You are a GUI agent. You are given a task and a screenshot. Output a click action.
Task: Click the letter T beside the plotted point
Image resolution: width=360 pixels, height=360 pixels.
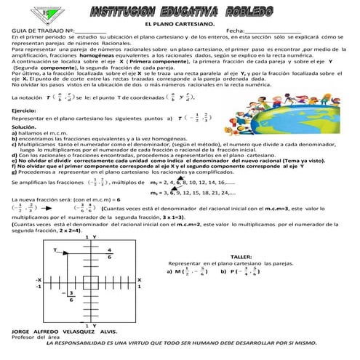tap(55, 249)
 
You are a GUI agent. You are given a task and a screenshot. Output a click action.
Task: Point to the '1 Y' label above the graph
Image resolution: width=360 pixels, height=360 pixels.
tap(89, 238)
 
